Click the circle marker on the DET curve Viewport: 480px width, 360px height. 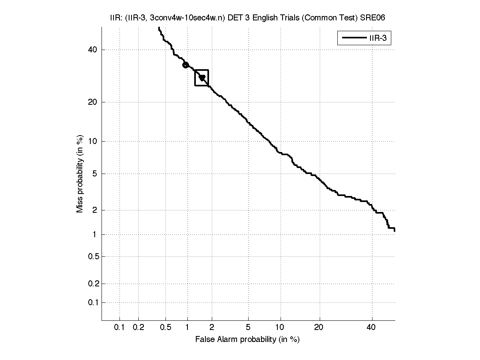185,65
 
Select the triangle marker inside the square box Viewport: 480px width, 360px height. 202,78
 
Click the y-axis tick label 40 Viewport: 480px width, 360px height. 93,50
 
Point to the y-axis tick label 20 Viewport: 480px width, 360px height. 93,102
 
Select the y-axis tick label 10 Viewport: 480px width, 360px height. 93,141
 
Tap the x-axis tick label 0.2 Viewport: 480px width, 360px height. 138,328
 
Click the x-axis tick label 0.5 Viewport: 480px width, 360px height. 166,328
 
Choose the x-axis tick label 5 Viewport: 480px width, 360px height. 248,328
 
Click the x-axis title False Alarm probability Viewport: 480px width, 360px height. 247,340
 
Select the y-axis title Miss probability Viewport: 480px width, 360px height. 80,173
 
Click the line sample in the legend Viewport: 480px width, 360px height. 351,38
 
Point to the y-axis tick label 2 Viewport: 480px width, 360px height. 95,210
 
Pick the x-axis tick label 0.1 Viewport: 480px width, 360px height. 120,328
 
